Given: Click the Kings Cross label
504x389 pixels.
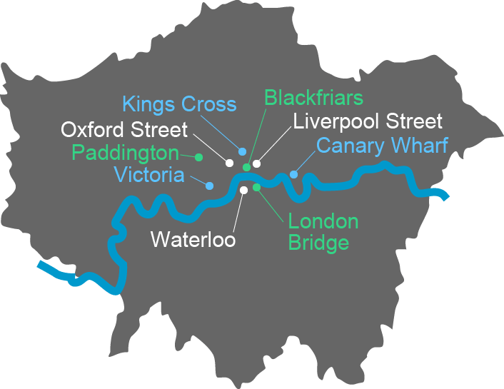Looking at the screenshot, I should tap(178, 104).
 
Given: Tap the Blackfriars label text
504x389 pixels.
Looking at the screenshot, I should tap(313, 98).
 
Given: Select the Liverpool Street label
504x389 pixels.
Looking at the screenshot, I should tap(368, 121).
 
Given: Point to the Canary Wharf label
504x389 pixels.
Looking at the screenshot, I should tap(382, 146).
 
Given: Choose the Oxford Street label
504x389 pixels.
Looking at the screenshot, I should tap(124, 130).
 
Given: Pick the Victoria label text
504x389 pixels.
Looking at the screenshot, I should tap(148, 175).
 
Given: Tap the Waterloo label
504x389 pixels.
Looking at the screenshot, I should tap(193, 238).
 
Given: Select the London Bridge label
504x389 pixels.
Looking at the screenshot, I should tap(323, 232).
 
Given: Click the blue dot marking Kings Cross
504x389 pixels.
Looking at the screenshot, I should tap(243, 152).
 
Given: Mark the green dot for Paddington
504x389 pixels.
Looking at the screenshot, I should tap(199, 156).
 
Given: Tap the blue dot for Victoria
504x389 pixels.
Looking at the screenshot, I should tap(209, 186).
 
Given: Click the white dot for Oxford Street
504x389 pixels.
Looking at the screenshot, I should tap(229, 163).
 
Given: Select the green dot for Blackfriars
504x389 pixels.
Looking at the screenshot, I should tap(246, 167).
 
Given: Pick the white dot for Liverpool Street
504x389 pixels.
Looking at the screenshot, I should tap(256, 163).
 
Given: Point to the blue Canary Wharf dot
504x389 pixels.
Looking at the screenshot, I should tap(293, 174).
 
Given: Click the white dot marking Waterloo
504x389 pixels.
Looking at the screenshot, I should tap(243, 190).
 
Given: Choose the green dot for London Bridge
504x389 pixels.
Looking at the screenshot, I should tap(256, 187).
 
